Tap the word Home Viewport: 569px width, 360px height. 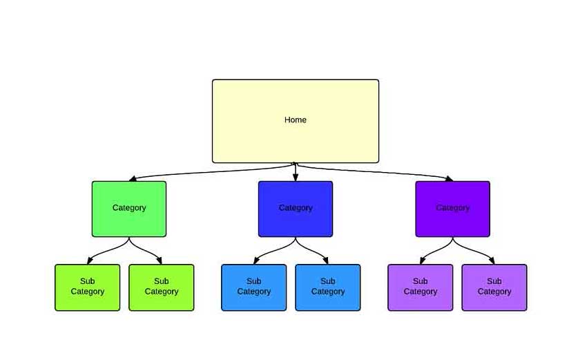click(296, 120)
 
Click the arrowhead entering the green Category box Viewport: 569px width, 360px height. click(132, 179)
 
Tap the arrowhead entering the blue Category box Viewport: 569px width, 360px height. click(296, 178)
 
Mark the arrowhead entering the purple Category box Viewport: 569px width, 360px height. click(450, 179)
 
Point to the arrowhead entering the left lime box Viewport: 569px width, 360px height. click(89, 261)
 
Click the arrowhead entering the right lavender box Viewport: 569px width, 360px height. click(493, 261)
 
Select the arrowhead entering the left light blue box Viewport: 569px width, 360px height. click(255, 261)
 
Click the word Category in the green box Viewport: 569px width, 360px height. click(129, 208)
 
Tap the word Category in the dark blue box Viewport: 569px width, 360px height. click(296, 208)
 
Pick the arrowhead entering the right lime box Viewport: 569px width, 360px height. click(160, 261)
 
